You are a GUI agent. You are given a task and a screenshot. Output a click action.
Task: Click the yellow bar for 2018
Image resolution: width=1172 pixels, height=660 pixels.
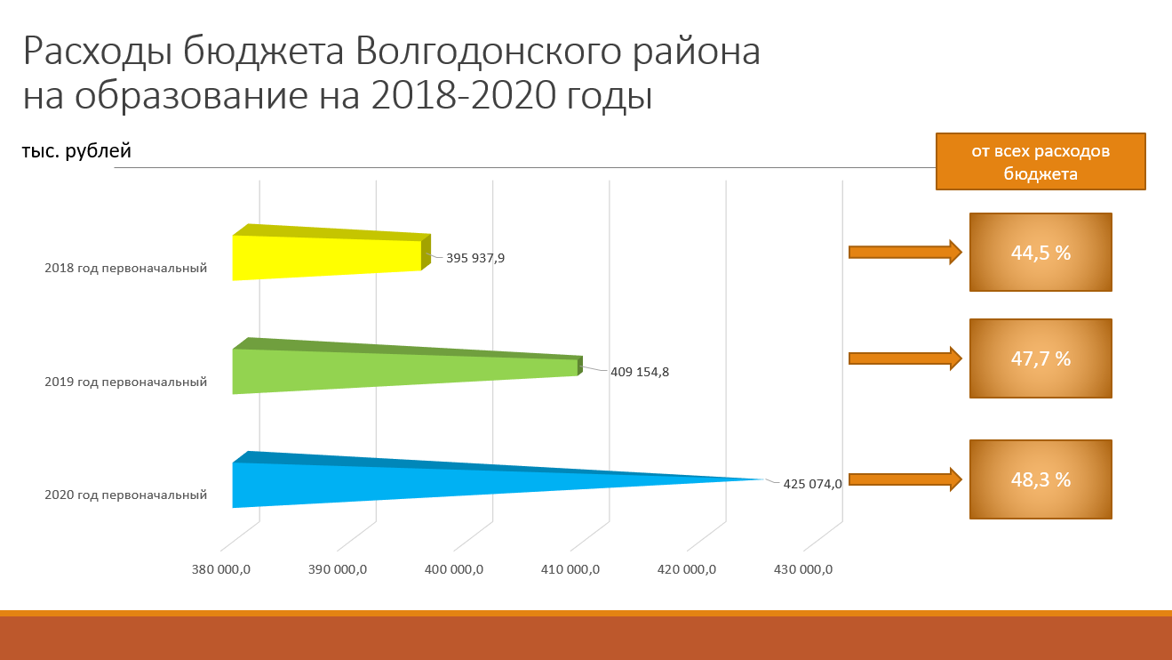330,253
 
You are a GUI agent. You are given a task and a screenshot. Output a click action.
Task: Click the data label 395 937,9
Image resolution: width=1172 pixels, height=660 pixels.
475,258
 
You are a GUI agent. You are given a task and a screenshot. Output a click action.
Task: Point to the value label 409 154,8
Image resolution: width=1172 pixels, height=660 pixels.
640,372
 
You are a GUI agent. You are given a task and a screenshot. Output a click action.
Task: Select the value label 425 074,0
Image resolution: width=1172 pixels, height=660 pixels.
812,484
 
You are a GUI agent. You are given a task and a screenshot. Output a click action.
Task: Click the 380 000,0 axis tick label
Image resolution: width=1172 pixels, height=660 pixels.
220,569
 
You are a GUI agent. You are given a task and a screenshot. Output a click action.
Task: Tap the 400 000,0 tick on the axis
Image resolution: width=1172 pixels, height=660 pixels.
454,569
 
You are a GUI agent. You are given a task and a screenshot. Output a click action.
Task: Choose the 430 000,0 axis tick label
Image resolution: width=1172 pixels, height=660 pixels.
803,569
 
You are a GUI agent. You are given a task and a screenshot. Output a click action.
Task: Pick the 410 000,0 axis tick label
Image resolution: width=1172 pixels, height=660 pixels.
570,569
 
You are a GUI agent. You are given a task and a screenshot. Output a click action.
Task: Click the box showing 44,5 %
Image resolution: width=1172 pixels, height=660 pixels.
1040,252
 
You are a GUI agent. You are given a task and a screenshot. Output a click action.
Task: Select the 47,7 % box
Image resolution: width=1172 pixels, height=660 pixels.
1040,358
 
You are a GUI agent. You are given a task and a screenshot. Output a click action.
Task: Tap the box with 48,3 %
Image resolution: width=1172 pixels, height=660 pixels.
1040,479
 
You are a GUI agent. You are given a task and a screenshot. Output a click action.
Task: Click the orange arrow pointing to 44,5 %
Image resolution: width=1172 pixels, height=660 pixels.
905,253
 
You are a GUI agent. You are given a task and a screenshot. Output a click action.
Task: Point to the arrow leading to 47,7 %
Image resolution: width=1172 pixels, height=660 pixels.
905,358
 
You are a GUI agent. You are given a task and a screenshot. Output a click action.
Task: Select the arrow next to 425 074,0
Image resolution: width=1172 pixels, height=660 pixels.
905,479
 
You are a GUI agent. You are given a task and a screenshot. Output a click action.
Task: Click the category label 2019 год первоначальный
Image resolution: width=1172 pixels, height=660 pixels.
125,382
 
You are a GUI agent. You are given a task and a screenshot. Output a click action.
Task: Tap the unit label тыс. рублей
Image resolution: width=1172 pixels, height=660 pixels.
76,151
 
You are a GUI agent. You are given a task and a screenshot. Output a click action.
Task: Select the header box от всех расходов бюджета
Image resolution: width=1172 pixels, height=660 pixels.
1040,161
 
